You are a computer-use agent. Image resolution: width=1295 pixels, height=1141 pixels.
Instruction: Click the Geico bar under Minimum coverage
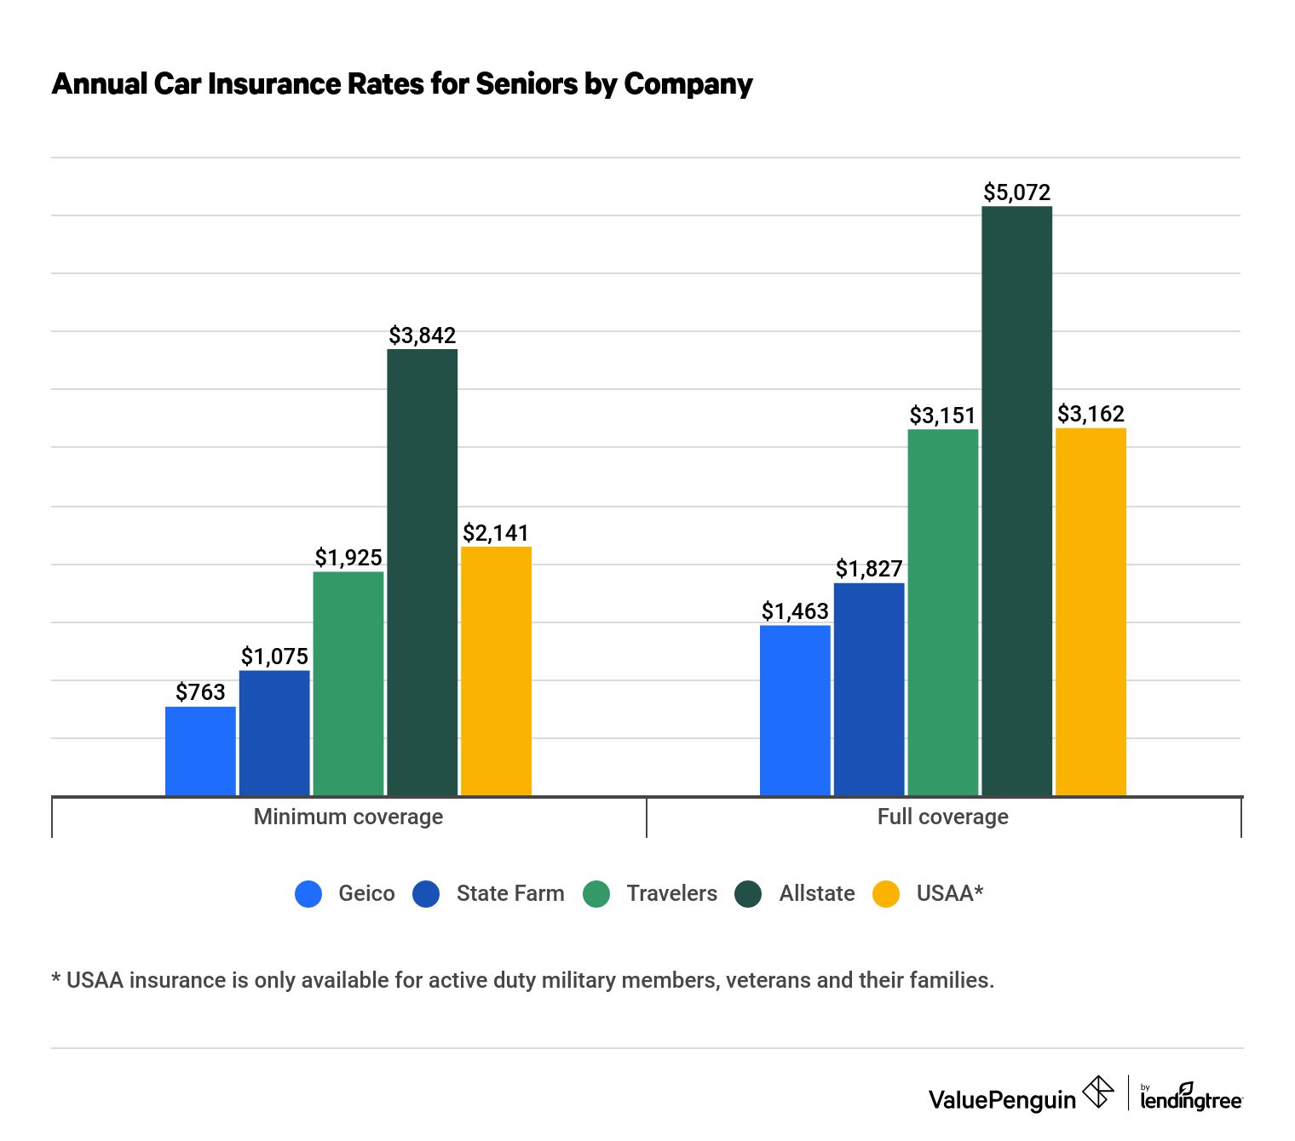[200, 751]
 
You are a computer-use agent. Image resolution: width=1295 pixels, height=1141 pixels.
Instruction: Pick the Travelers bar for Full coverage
[942, 612]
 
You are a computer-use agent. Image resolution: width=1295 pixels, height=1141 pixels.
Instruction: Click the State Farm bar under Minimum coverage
[274, 733]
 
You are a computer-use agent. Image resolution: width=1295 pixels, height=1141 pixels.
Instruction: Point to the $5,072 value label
[1016, 192]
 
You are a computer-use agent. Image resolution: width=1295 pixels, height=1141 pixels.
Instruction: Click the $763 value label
[200, 692]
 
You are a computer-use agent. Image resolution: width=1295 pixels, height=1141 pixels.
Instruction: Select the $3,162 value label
[1091, 414]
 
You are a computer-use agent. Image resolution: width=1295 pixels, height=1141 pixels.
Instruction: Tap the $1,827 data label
[868, 569]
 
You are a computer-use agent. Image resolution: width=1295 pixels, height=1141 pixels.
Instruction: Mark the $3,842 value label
[422, 335]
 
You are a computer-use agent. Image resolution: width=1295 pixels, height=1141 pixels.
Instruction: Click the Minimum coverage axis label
[348, 817]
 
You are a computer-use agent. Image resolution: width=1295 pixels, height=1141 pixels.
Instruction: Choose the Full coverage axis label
[942, 817]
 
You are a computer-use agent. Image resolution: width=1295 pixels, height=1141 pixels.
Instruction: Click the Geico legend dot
[308, 893]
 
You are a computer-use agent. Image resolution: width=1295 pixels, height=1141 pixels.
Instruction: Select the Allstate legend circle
[748, 893]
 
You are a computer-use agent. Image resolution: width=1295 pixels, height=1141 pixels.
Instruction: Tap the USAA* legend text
[949, 893]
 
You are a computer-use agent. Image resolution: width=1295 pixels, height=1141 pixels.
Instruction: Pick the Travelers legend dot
[596, 893]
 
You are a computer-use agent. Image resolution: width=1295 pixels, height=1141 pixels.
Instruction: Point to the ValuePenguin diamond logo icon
[1097, 1092]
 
